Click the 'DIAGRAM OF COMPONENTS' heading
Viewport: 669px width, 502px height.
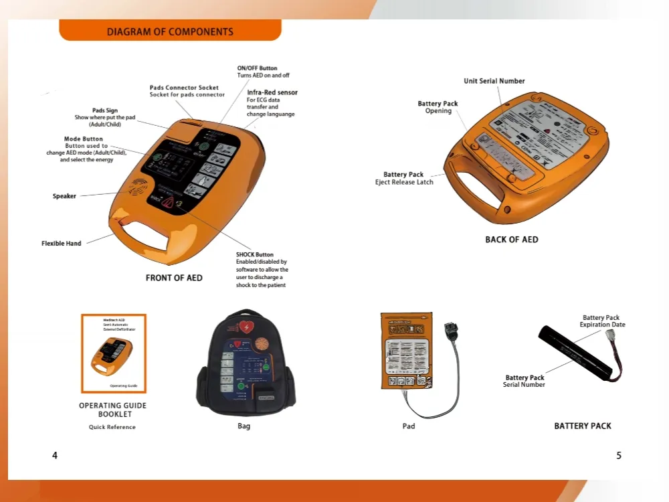pos(170,31)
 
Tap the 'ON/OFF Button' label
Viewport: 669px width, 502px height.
pos(257,68)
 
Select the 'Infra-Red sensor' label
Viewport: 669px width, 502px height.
pos(272,92)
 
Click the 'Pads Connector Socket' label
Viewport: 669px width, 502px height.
pos(184,88)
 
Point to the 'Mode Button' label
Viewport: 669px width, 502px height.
pos(84,139)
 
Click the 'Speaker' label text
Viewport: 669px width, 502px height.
pos(64,196)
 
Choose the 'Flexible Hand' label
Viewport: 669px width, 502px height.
pos(62,244)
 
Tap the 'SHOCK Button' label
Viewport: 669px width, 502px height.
pos(255,254)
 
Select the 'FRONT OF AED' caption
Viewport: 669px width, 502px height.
pos(174,278)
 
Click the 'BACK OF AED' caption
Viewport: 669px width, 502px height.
pos(511,240)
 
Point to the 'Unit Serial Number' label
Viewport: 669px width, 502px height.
pos(494,81)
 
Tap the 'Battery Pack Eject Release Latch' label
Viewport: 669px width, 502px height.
pos(404,178)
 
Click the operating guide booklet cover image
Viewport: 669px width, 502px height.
pos(114,353)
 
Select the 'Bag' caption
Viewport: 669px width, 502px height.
pos(244,426)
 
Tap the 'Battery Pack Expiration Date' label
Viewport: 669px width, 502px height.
pos(602,321)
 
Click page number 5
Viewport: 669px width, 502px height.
pos(619,456)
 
